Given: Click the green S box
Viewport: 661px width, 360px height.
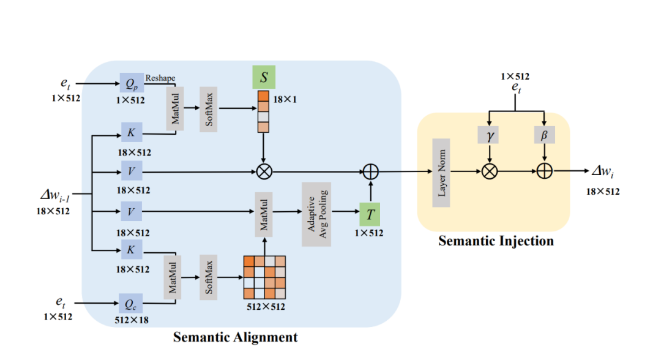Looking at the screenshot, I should point(263,77).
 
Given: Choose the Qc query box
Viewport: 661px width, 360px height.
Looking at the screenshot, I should point(131,302).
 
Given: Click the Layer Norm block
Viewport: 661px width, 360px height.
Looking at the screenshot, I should point(441,172).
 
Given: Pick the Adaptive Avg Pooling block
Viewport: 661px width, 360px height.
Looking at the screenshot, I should point(316,214).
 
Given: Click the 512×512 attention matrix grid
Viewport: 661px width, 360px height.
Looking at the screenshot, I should point(264,276).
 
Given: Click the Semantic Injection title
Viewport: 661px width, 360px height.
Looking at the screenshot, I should point(496,241).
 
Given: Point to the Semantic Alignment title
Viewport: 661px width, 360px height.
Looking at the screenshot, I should point(235,337).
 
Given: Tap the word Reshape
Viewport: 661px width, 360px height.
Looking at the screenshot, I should point(160,78).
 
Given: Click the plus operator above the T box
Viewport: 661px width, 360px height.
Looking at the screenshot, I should point(371,172).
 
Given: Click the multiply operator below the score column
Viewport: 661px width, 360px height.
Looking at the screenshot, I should point(263,172).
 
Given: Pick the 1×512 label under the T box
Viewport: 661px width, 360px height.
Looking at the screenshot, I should point(369,233).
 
